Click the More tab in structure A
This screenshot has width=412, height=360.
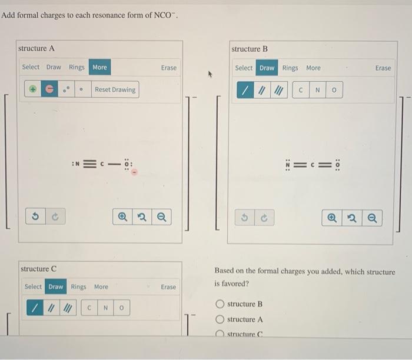pyautogui.click(x=99, y=67)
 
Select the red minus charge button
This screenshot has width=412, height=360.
pyautogui.click(x=49, y=89)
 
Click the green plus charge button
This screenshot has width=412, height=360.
pyautogui.click(x=33, y=89)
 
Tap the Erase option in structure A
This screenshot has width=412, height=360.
pyautogui.click(x=169, y=68)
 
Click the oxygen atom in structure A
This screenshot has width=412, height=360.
pyautogui.click(x=127, y=164)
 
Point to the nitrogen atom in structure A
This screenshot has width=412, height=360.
pyautogui.click(x=77, y=164)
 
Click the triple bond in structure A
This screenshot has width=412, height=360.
pyautogui.click(x=90, y=164)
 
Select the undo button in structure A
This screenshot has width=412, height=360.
pyautogui.click(x=35, y=216)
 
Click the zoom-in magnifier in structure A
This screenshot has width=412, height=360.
pyautogui.click(x=122, y=217)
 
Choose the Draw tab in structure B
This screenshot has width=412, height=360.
pyautogui.click(x=267, y=68)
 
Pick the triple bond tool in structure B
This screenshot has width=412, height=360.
pyautogui.click(x=279, y=90)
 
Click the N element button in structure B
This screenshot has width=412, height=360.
pyautogui.click(x=317, y=90)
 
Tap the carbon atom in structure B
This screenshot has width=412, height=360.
pyautogui.click(x=313, y=165)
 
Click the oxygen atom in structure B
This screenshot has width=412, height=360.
pyautogui.click(x=338, y=165)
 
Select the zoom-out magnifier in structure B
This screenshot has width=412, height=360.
pyautogui.click(x=372, y=218)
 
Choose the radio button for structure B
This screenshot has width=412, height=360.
pyautogui.click(x=220, y=304)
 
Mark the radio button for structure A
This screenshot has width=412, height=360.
pyautogui.click(x=220, y=319)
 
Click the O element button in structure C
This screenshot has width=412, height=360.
pyautogui.click(x=121, y=308)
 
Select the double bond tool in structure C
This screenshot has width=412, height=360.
pyautogui.click(x=51, y=308)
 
